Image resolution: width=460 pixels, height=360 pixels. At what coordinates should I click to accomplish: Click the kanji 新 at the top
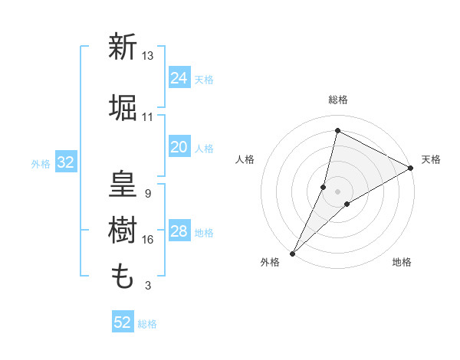pos(123,47)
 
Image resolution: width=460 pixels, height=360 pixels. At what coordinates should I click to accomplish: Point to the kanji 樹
pos(123,229)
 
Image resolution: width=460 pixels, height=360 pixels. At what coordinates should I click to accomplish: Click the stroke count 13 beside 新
pos(148,56)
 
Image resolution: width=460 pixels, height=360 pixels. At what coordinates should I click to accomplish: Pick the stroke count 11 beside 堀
pos(148,117)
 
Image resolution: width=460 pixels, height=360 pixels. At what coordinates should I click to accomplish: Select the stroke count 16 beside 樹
pos(148,240)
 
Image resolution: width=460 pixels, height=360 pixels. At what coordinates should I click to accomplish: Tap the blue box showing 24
pos(179,78)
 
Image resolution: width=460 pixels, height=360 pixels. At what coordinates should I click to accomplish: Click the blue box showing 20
pos(179,147)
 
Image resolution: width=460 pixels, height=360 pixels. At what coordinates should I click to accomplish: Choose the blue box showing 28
pos(179,231)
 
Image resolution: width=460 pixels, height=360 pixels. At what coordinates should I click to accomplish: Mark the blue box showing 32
pos(65,162)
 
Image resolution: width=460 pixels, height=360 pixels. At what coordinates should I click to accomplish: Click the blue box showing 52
pos(123,322)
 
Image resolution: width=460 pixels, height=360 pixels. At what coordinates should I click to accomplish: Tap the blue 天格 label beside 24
pos(204,80)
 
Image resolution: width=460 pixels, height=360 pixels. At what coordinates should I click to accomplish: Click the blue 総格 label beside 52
pos(147,324)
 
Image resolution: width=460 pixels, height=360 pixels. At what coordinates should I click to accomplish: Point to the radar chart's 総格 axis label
pos(338,100)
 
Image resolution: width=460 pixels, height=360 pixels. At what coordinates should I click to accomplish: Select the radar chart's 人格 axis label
pos(245,159)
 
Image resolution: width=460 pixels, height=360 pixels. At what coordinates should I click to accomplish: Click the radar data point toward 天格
pos(411,169)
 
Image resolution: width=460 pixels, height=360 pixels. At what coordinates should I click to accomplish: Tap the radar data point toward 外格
pos(292,253)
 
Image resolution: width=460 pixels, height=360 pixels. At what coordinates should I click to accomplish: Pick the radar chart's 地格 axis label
pos(402,262)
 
